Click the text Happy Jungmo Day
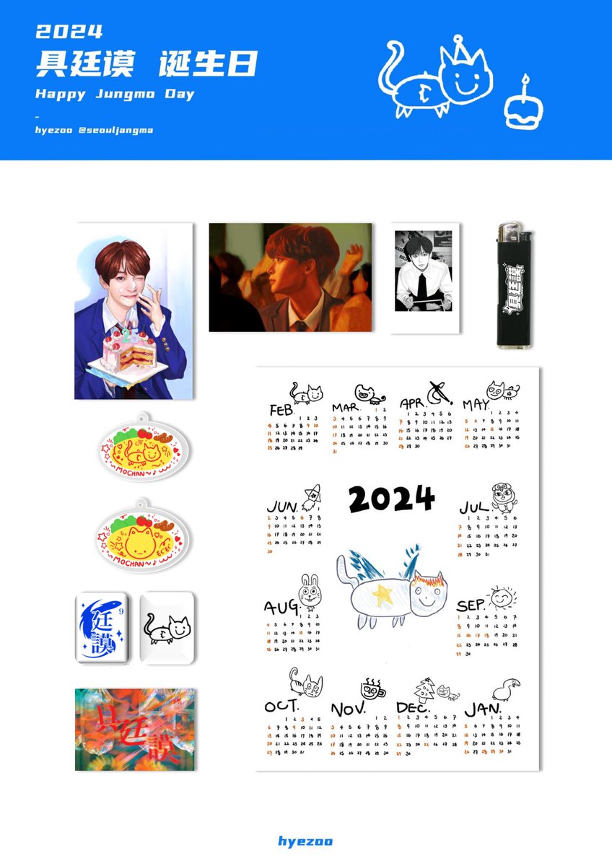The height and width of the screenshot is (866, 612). pos(115,95)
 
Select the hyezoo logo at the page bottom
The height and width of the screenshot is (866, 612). pos(305,841)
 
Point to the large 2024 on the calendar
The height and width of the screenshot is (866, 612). pos(392,499)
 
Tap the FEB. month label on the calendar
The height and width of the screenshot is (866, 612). pos(281,409)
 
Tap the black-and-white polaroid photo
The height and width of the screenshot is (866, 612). pos(424,278)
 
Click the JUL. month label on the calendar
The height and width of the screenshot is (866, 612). pos(473,507)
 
